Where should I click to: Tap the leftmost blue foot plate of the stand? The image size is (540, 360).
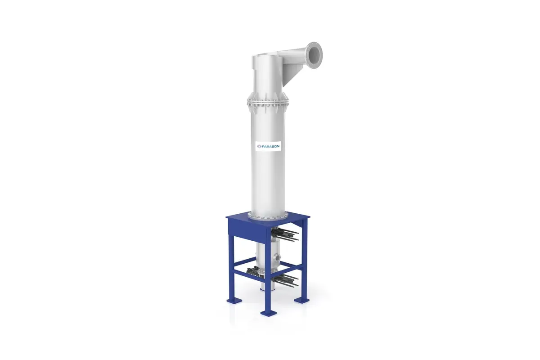pyautogui.click(x=234, y=300)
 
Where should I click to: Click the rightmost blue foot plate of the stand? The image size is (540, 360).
pyautogui.click(x=301, y=300)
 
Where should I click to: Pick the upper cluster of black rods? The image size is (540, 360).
pyautogui.click(x=285, y=234)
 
